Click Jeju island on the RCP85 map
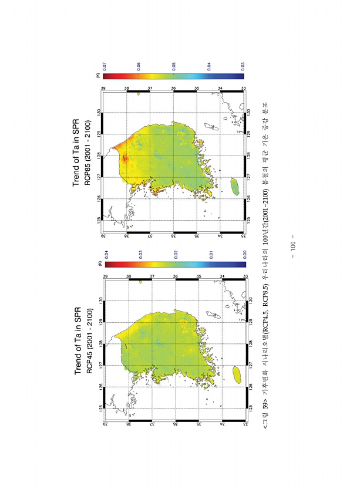(x=235, y=187)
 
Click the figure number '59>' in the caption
(x=266, y=420)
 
